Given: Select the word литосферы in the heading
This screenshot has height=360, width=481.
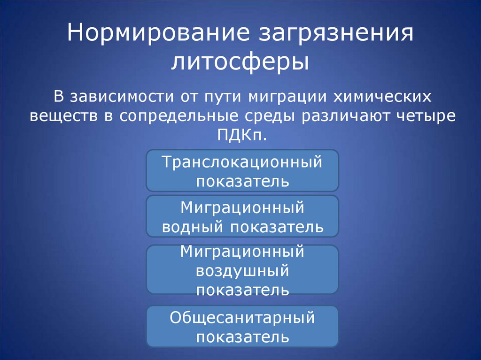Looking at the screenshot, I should point(240,63).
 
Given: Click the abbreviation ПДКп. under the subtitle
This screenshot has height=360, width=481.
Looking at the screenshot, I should point(242,136).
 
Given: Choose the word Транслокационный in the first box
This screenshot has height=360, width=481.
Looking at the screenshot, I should point(242,162).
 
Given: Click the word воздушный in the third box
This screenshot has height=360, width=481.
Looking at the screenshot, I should point(242,271).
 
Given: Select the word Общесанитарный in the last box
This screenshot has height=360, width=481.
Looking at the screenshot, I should point(242,318).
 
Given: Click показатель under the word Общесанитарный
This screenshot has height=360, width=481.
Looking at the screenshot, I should point(242,337).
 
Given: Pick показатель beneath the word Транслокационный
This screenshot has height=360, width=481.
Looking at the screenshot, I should point(242,181).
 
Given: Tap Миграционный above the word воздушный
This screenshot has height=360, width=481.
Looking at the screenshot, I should point(242,252).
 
